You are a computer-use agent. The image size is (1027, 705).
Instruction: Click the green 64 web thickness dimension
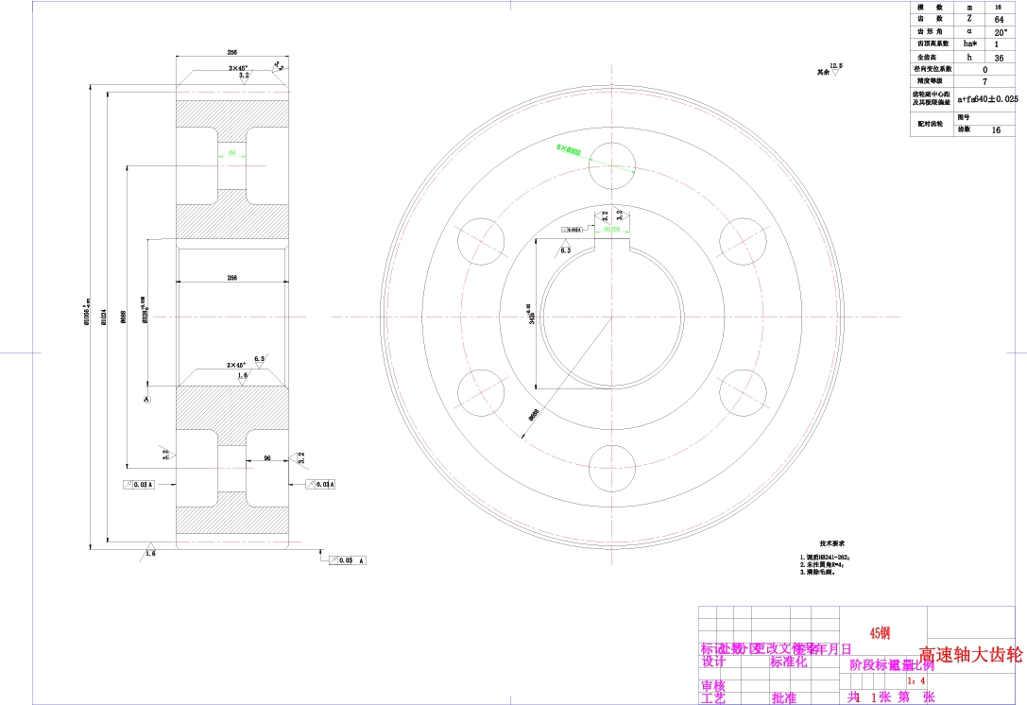coord(231,151)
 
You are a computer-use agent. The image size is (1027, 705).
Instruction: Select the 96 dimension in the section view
coord(267,458)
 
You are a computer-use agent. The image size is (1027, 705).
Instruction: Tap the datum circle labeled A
coord(146,401)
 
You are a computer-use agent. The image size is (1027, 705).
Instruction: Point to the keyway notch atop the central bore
coord(611,247)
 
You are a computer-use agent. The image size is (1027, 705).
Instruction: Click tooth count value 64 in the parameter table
coord(999,19)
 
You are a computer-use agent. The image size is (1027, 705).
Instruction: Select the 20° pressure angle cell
coord(999,31)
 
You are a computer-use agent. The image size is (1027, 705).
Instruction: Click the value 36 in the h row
coord(999,57)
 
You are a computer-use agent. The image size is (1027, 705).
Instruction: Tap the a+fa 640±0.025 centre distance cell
coord(988,98)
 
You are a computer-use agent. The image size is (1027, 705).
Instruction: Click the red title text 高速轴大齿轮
coord(970,654)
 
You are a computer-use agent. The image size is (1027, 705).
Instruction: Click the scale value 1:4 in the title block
coord(916,679)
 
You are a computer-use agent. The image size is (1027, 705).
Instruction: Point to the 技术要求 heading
coord(831,543)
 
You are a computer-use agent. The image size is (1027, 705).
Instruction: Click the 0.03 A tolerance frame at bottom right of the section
coord(347,560)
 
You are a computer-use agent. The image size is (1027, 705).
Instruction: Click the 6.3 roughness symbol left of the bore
coord(565,250)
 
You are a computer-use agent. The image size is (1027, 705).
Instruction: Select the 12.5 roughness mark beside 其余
coord(835,66)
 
